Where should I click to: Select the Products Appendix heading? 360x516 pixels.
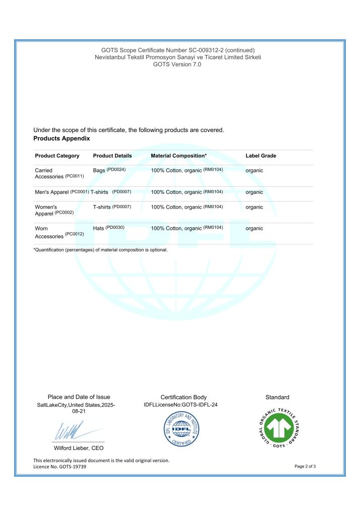point(62,138)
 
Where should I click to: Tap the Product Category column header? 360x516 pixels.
point(57,156)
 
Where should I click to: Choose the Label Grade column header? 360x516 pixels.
point(261,156)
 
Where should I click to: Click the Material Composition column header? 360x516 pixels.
point(178,156)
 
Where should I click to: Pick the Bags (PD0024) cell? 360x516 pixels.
point(109,170)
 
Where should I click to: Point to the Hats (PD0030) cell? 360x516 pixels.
point(108,228)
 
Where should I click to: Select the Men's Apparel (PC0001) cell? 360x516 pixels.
point(62,192)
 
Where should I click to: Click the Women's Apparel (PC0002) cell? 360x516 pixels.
point(54,210)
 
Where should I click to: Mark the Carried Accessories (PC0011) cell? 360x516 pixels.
point(59,173)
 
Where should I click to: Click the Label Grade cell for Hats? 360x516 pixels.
point(254,228)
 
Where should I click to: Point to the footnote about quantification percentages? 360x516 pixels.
point(100,249)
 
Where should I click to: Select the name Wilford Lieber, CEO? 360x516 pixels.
point(79,448)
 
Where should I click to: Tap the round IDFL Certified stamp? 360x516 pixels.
point(183,429)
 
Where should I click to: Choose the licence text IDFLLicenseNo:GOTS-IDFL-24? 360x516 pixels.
point(181,405)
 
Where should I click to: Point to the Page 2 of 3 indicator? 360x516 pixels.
point(305,467)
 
